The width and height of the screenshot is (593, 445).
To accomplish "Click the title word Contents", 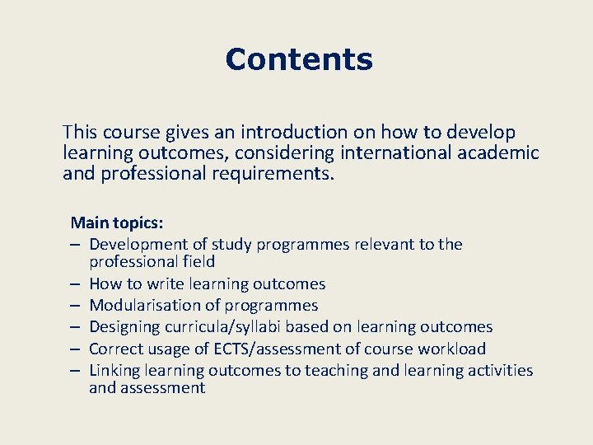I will point(298,59).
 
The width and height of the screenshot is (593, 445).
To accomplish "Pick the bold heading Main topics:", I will point(117,222).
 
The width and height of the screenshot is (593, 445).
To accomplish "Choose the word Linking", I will point(114,370).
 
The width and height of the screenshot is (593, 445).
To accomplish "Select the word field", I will point(198,262).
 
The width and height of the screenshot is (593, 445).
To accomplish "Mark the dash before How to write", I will point(75,284).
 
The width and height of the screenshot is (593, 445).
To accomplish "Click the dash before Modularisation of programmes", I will point(75,306).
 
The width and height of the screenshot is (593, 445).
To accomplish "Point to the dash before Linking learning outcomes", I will point(75,370).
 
